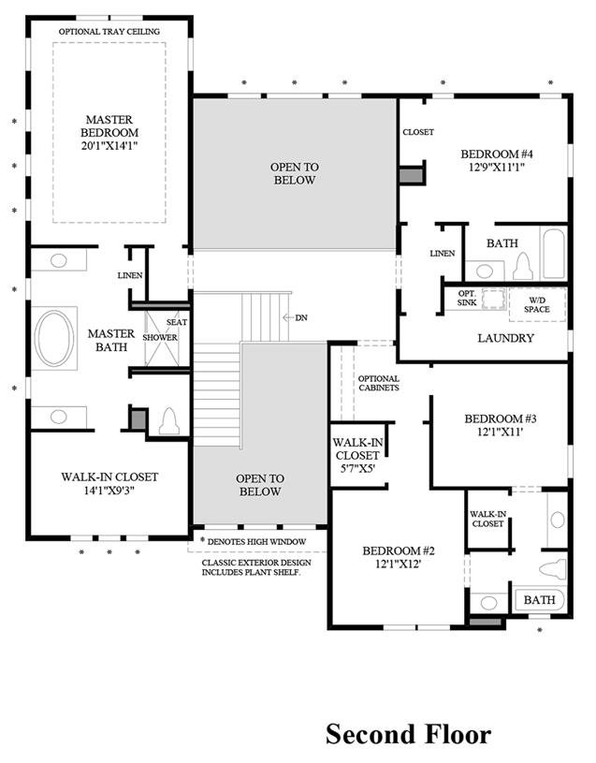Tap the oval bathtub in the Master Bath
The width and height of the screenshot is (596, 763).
coord(54,338)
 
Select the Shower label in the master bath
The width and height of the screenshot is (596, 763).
coord(160,337)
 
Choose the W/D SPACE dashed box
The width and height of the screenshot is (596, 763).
coord(537,304)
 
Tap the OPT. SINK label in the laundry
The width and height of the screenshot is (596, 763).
coord(467,299)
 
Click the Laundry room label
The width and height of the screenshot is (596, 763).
coord(505,338)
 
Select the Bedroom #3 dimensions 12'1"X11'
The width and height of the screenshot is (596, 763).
coord(501,432)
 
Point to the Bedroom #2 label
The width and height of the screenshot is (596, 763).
coord(399,550)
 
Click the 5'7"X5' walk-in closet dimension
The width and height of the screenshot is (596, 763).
coord(357,469)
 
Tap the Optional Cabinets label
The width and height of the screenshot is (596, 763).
coord(379,383)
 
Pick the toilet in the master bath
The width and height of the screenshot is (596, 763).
coord(169,421)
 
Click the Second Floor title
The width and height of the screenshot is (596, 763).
coord(408,734)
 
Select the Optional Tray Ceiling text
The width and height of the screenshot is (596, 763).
coord(109,32)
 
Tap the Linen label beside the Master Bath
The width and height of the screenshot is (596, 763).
coord(130,275)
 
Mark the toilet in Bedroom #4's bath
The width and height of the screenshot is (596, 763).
coord(523,267)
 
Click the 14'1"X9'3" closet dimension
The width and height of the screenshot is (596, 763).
coord(109,491)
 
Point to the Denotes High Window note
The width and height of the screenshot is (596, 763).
coord(254,542)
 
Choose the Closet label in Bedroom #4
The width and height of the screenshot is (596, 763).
coord(418,132)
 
